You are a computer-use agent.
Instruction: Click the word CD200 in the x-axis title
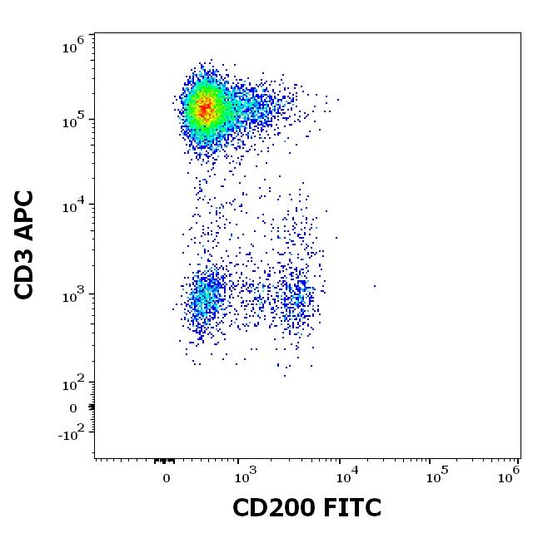pos(274,507)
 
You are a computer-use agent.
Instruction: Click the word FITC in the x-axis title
pos(350,507)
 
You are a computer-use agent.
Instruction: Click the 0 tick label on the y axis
pos(73,408)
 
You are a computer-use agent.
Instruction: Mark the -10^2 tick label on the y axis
pos(73,433)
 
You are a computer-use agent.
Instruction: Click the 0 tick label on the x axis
pos(167,478)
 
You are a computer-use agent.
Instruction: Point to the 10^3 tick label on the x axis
pos(244,476)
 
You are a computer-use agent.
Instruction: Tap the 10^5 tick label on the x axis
pos(435,476)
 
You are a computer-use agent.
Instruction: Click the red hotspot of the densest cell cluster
pos(204,107)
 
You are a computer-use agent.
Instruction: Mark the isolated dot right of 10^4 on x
pos(375,286)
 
